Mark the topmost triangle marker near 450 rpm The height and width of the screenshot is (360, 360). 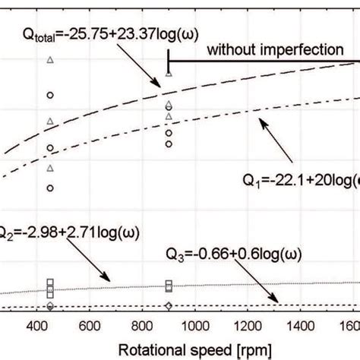(50, 59)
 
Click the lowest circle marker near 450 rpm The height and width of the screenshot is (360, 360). (50, 188)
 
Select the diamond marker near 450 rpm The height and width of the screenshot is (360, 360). (50, 306)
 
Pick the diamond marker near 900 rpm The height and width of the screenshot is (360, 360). (169, 305)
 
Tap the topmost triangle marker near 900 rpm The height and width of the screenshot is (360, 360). (169, 74)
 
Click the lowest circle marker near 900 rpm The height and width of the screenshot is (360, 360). (169, 143)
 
